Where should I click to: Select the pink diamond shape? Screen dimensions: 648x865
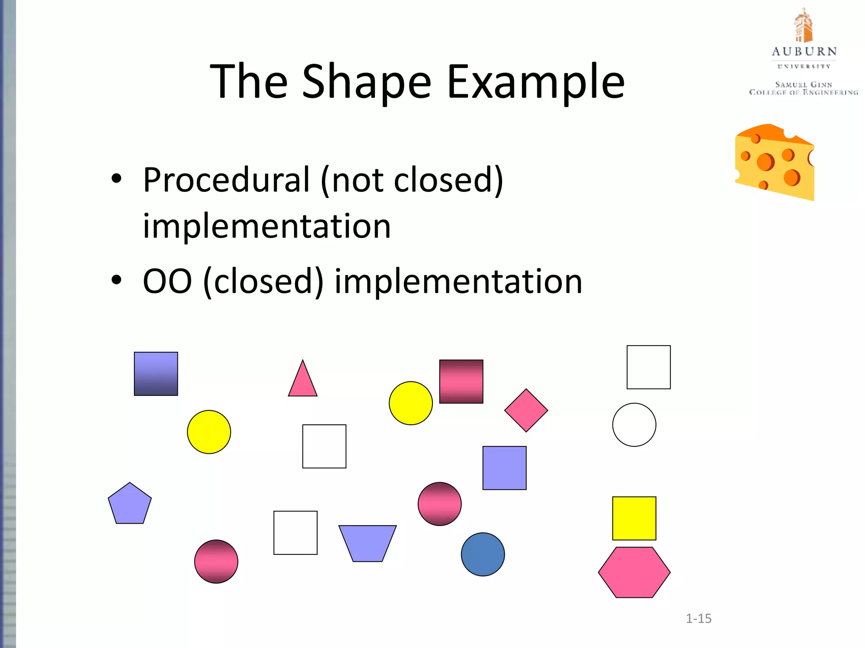[x=526, y=410]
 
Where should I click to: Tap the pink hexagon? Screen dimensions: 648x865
[x=634, y=572]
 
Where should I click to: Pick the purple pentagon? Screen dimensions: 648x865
[x=130, y=505]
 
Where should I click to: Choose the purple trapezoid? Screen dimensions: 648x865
[x=367, y=543]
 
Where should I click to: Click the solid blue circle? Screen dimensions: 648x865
[x=483, y=554]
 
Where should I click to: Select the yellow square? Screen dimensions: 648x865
[x=634, y=518]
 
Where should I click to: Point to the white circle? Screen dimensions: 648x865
[x=634, y=424]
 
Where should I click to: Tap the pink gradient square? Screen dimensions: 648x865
[x=461, y=381]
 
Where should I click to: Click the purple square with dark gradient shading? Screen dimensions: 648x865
[x=156, y=374]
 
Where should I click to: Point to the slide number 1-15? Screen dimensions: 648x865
[x=699, y=618]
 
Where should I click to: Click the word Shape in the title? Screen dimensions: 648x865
[x=367, y=82]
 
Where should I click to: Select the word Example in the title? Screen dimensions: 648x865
[x=536, y=82]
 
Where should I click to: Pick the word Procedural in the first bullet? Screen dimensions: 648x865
[x=226, y=180]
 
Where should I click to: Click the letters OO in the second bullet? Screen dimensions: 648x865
[x=167, y=281]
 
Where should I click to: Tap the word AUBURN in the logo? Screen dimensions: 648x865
[x=804, y=52]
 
